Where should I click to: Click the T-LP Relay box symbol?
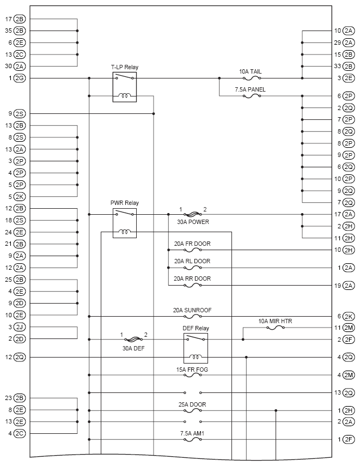click(124, 87)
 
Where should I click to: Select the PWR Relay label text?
click(124, 203)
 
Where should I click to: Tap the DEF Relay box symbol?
click(195, 348)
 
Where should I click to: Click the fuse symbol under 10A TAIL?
click(251, 78)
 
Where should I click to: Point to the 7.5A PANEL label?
click(251, 89)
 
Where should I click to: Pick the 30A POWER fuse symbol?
click(193, 214)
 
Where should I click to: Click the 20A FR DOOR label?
click(192, 243)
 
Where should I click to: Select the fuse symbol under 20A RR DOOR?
click(193, 286)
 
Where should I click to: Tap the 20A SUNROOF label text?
click(192, 310)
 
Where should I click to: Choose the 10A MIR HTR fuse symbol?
click(275, 328)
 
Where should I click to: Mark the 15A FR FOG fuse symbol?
click(193, 375)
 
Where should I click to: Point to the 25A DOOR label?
click(193, 404)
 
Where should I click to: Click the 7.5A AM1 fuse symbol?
click(193, 439)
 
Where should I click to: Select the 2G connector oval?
click(20, 78)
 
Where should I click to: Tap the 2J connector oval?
click(20, 327)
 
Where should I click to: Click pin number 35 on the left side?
click(8, 31)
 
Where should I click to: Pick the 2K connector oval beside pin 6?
click(349, 316)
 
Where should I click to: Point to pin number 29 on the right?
click(338, 43)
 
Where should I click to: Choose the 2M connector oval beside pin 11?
click(349, 328)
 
